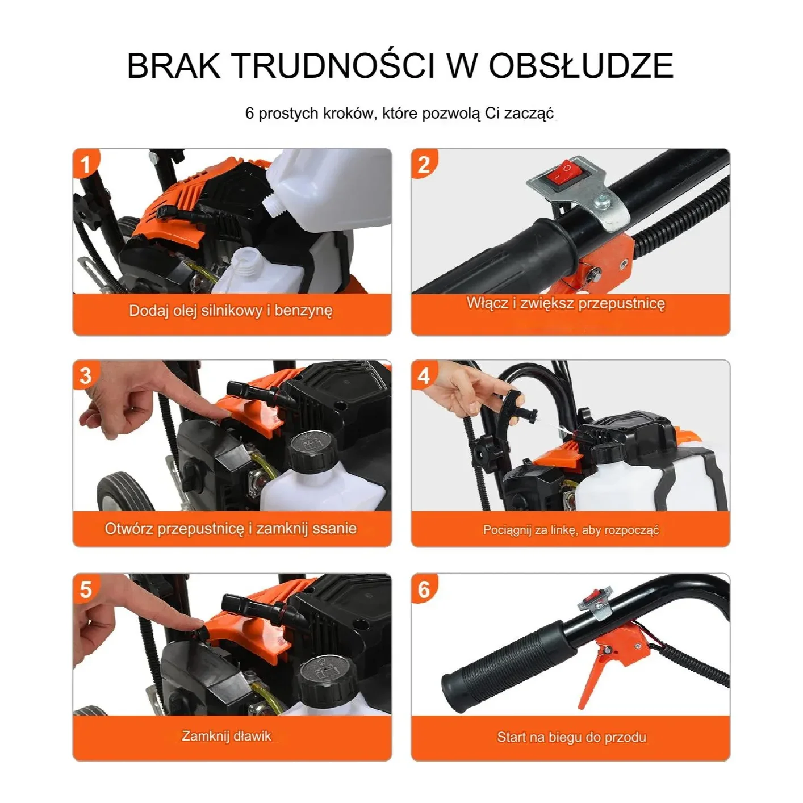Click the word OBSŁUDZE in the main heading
[x=581, y=65]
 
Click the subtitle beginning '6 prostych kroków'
[x=400, y=114]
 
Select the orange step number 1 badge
[x=86, y=164]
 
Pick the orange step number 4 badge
[x=424, y=376]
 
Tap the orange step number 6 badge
[x=424, y=589]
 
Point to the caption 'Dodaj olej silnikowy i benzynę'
[x=231, y=311]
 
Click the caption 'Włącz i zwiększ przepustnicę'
[x=566, y=303]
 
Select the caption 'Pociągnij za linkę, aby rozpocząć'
[x=571, y=530]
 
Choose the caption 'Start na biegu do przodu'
[x=572, y=737]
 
